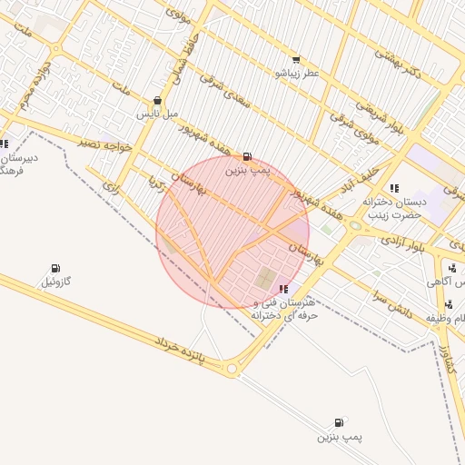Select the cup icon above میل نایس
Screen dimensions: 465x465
(x=158, y=101)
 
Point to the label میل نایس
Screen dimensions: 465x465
(x=158, y=114)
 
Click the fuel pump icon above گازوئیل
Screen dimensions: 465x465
(x=55, y=269)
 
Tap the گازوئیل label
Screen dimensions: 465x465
(x=55, y=282)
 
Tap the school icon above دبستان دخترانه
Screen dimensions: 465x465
(x=393, y=188)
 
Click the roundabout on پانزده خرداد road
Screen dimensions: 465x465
(x=232, y=368)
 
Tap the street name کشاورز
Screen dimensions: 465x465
(x=444, y=354)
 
